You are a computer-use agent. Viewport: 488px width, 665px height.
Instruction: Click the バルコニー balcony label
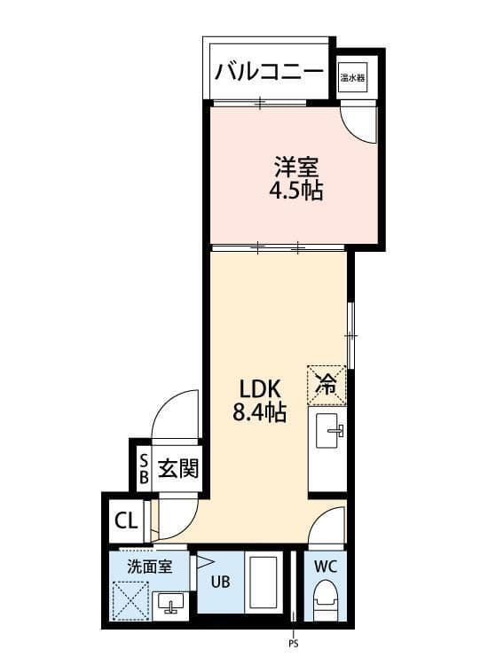[269, 71]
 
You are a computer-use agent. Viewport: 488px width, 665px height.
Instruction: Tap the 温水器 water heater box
[353, 78]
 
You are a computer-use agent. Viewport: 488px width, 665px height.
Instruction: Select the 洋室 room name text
[295, 167]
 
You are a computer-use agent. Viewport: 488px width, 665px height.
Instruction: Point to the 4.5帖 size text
[295, 191]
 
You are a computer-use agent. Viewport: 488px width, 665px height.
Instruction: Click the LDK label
[260, 388]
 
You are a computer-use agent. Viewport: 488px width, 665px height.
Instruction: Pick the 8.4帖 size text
[259, 411]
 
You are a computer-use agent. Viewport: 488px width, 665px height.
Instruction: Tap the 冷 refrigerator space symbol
[327, 386]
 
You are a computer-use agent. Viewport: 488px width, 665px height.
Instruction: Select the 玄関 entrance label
[178, 469]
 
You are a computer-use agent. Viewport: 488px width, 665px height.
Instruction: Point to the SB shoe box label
[145, 469]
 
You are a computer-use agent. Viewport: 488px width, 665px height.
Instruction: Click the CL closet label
[127, 520]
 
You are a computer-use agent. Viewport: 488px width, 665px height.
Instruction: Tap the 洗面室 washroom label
[150, 567]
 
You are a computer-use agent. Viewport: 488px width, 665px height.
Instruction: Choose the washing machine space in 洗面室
[130, 600]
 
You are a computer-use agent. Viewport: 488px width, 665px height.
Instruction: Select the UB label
[221, 582]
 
